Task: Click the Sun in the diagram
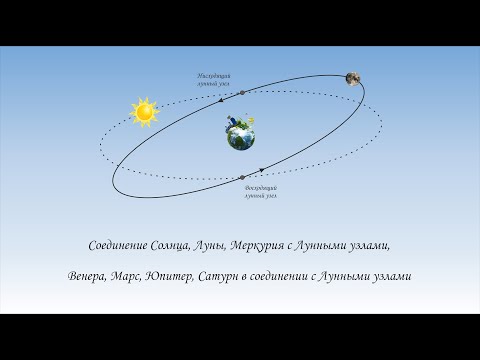point(145,112)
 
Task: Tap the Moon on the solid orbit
point(354,78)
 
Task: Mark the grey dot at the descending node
point(242,93)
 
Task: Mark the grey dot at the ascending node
point(243,178)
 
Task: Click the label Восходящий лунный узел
point(260,192)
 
